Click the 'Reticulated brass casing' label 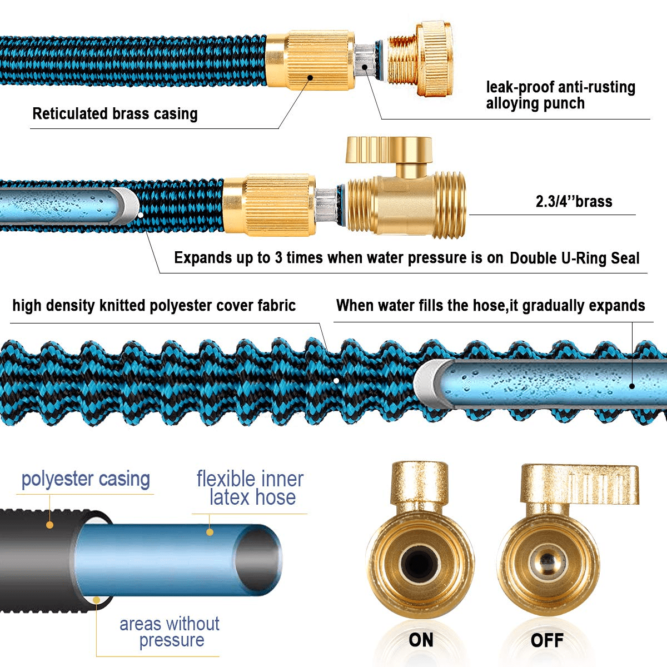[x=115, y=114]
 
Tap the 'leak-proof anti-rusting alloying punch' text [x=560, y=95]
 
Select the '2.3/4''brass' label [x=574, y=201]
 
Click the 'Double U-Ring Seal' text [x=574, y=258]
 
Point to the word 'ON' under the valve [x=421, y=640]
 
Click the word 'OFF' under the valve [x=547, y=640]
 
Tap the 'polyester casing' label [x=86, y=479]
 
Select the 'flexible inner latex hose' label [x=250, y=487]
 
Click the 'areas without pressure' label [x=170, y=631]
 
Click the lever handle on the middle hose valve [x=389, y=148]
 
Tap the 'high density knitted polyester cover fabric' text [x=154, y=306]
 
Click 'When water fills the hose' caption [x=490, y=306]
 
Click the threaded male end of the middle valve [x=448, y=206]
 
